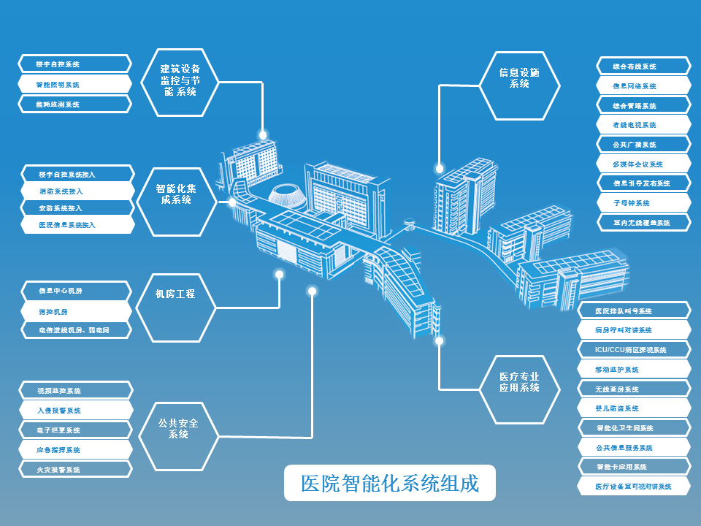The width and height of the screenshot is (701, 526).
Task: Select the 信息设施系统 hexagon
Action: tap(519, 78)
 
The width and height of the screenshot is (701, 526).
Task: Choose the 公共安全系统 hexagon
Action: tap(178, 428)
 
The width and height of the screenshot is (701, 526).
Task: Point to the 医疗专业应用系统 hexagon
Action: tap(519, 382)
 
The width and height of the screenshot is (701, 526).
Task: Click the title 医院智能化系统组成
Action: tap(390, 483)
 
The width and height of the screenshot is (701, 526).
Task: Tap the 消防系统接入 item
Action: tap(77, 191)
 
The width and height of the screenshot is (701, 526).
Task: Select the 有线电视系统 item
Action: tap(643, 125)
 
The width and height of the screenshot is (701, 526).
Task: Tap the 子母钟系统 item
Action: tap(643, 202)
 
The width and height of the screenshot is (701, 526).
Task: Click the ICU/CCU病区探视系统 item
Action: tap(634, 350)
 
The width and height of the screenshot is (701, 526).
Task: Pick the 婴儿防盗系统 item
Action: tap(634, 408)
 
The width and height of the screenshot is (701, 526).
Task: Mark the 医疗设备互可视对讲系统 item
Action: tap(634, 486)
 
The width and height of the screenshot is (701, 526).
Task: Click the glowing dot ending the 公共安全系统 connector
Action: tap(312, 291)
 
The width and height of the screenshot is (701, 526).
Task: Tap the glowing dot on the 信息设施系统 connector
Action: tap(439, 167)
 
